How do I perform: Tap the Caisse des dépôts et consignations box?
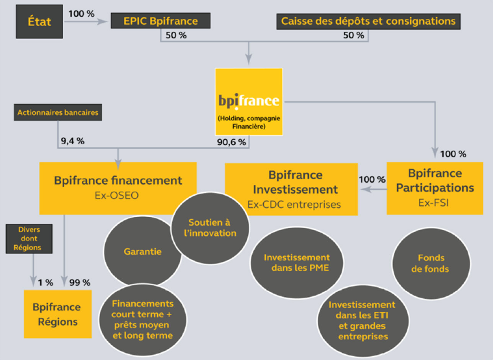click(368, 21)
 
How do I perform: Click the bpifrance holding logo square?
click(249, 101)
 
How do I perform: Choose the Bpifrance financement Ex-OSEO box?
click(118, 186)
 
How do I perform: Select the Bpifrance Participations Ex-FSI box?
click(435, 188)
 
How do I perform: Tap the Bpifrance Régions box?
click(57, 314)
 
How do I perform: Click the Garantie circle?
click(142, 251)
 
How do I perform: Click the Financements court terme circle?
click(142, 319)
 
